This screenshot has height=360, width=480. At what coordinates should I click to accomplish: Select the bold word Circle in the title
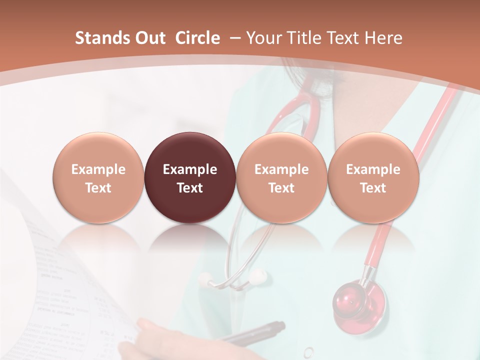pyautogui.click(x=197, y=38)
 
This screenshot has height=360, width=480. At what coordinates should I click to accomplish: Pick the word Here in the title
pyautogui.click(x=383, y=38)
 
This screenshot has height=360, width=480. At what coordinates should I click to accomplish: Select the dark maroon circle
pyautogui.click(x=189, y=177)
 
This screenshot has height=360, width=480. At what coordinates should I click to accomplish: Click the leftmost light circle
pyautogui.click(x=98, y=177)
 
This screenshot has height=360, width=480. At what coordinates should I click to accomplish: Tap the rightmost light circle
pyautogui.click(x=373, y=177)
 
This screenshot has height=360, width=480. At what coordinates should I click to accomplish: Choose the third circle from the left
pyautogui.click(x=281, y=177)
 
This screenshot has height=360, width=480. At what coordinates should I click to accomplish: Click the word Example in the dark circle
pyautogui.click(x=189, y=169)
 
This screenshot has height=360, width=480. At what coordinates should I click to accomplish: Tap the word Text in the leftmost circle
pyautogui.click(x=98, y=188)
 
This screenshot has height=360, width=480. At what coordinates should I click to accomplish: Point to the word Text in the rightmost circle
pyautogui.click(x=373, y=188)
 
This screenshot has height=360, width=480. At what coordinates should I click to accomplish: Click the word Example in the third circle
pyautogui.click(x=281, y=169)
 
